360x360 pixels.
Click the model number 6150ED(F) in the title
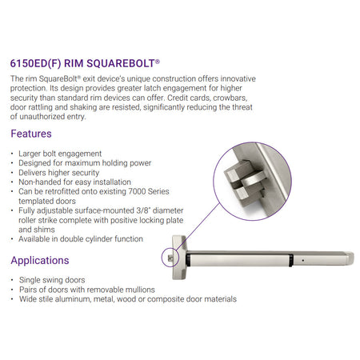[x=35, y=63]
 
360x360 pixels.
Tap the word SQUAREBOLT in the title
[x=121, y=63]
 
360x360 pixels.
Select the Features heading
[x=31, y=134]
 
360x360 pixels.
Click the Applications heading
[x=40, y=260]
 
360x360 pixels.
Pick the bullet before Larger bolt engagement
[x=12, y=154]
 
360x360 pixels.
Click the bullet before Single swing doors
[x=12, y=280]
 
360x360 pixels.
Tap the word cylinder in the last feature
[x=101, y=239]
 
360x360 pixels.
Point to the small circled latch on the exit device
[x=170, y=258]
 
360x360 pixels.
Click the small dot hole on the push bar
[x=303, y=260]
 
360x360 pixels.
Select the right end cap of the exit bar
[x=350, y=258]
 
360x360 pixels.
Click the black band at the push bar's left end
[x=188, y=260]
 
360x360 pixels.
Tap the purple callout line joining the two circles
[x=198, y=226]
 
